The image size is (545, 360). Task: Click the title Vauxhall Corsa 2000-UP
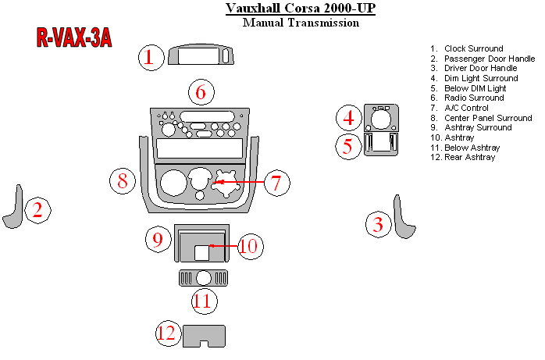(301, 9)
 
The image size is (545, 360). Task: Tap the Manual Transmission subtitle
(301, 23)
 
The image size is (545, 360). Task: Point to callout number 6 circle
(201, 93)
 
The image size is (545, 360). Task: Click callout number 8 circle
(123, 182)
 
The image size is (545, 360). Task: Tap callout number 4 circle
(348, 119)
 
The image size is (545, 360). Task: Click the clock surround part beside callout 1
(201, 56)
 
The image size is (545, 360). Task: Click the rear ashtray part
(204, 334)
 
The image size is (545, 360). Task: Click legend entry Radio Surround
(473, 98)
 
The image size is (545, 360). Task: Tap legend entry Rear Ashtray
(468, 157)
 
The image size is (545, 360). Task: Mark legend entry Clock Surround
(473, 49)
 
